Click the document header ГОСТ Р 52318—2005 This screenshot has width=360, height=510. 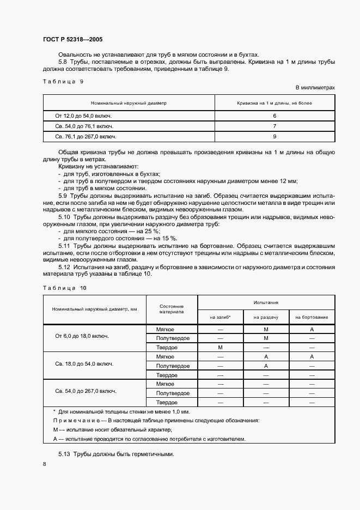tap(72, 40)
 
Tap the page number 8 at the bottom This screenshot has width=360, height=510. tap(45, 463)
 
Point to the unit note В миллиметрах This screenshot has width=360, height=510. tap(315, 87)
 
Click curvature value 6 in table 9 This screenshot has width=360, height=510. tap(274, 116)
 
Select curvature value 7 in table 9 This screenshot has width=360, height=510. tap(274, 126)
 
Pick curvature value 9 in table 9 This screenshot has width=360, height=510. tap(274, 137)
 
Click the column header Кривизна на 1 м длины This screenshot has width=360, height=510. tap(274, 102)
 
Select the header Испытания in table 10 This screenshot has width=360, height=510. tap(266, 301)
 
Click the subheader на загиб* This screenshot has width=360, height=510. tap(220, 317)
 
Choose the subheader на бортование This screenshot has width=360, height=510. tap(312, 317)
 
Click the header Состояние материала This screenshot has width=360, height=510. tap(172, 309)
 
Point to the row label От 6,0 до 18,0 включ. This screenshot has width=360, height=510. tap(82, 336)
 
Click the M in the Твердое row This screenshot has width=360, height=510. tap(220, 347)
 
